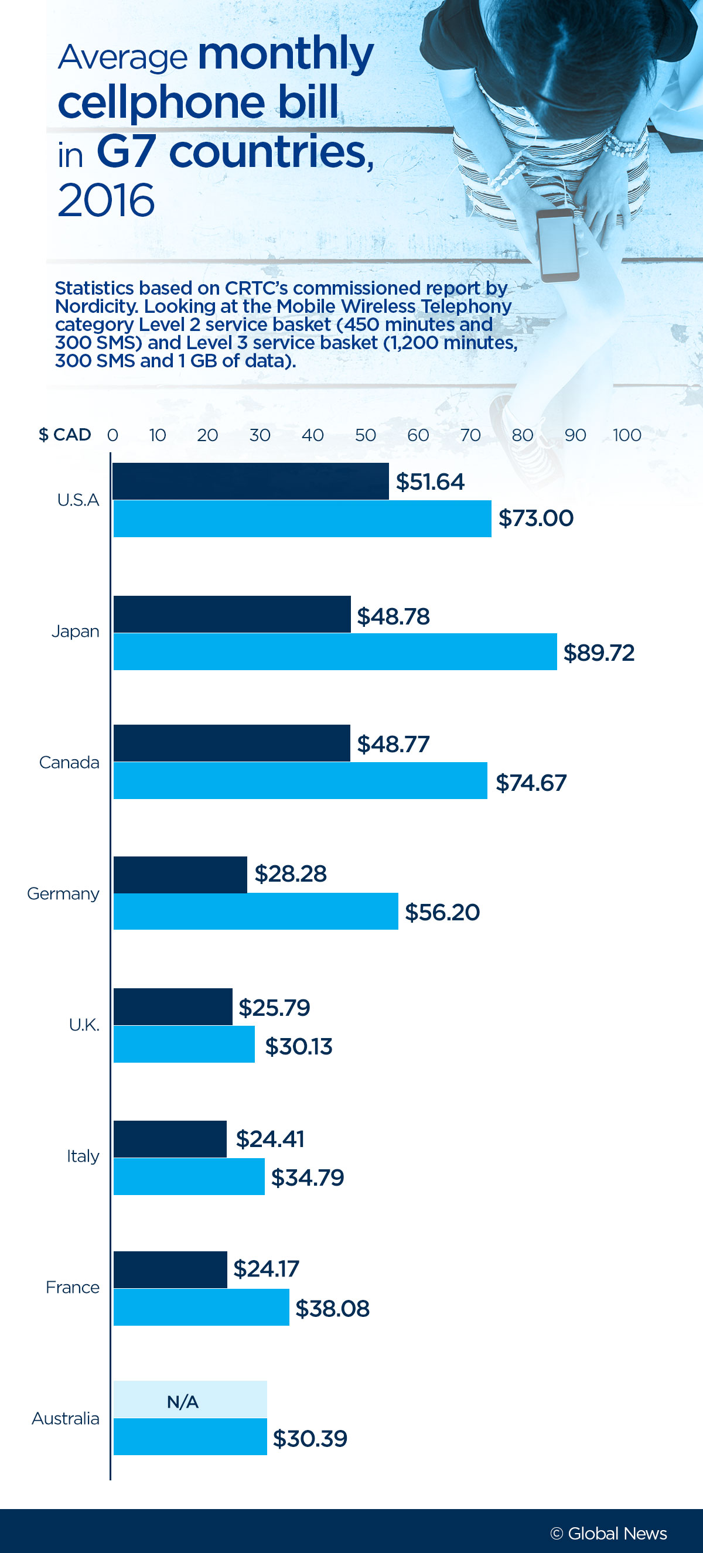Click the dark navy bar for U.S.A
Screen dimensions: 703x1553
[250, 481]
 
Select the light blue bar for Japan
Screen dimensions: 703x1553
[335, 651]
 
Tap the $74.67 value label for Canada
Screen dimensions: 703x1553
[531, 783]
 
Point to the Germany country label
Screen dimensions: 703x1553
[63, 893]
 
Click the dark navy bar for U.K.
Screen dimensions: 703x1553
[172, 1007]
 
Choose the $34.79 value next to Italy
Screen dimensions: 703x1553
[308, 1177]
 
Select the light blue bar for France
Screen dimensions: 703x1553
[201, 1307]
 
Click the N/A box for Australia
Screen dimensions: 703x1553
[190, 1400]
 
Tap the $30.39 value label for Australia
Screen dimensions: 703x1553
[310, 1439]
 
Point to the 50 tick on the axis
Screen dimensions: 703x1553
[366, 435]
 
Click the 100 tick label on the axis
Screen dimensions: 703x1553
[626, 435]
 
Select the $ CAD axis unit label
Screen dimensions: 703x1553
[64, 435]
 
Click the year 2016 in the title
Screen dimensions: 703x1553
[106, 200]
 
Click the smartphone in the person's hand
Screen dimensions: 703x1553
[557, 245]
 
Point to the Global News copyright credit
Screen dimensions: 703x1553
[608, 1533]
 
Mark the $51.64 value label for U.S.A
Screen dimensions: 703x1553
[430, 482]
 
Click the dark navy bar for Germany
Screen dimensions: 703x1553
[180, 874]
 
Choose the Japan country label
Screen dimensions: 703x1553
[75, 631]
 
